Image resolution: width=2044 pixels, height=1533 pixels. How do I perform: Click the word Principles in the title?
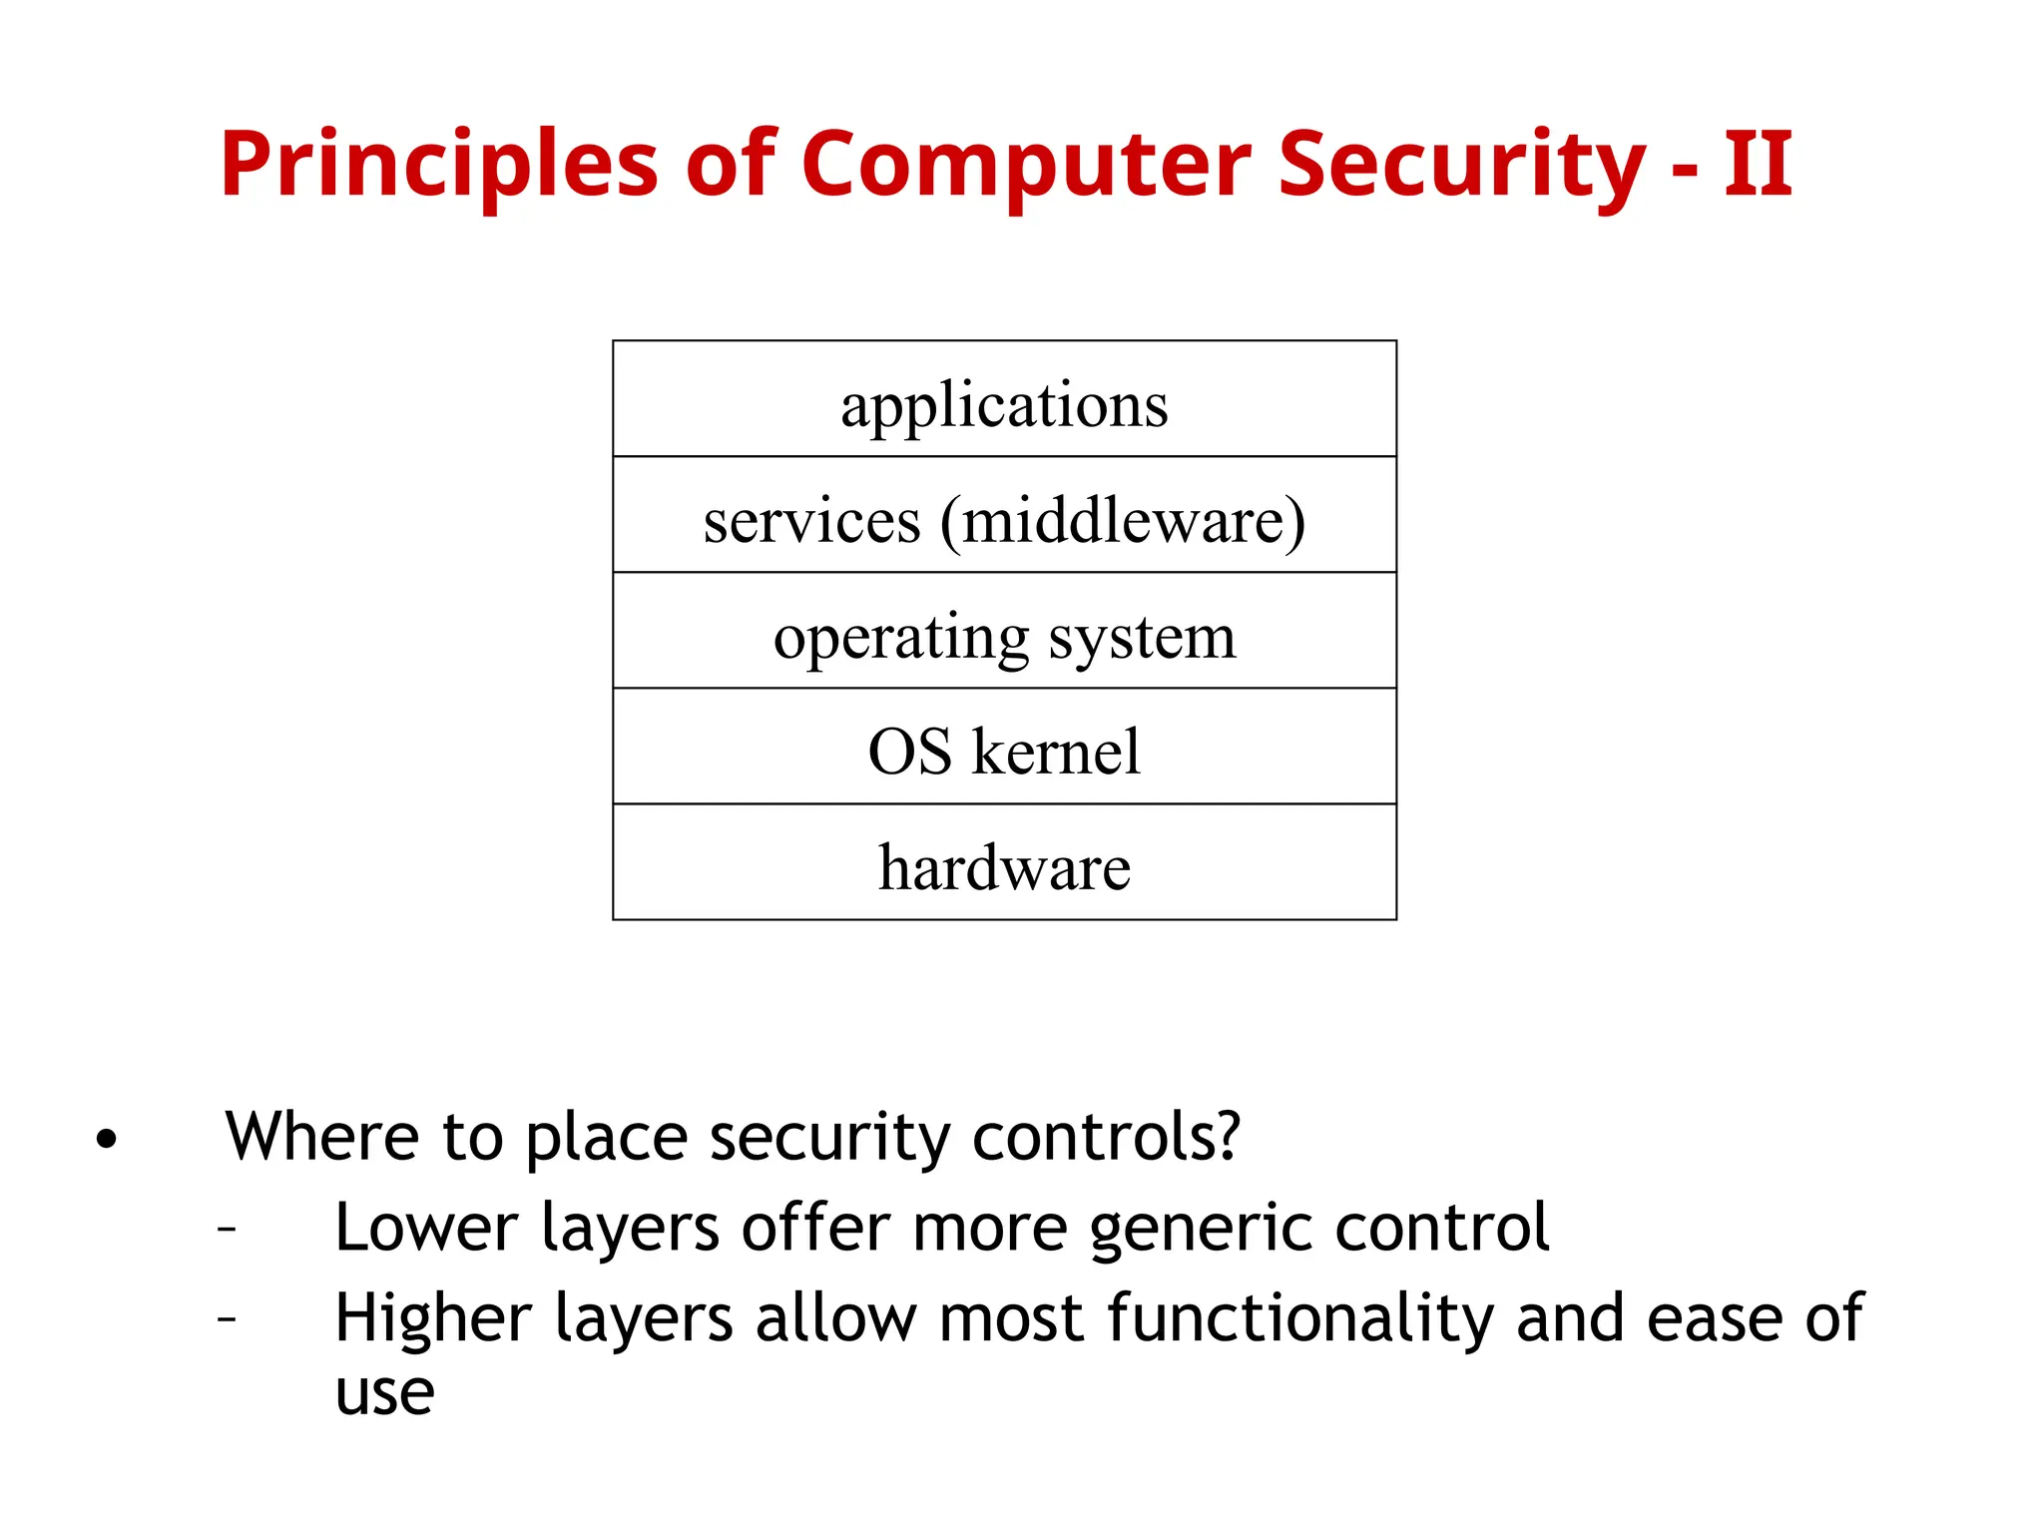tap(438, 165)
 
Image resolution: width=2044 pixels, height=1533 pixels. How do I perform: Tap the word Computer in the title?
tap(1025, 165)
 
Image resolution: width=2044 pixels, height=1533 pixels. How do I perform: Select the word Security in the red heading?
tap(1461, 165)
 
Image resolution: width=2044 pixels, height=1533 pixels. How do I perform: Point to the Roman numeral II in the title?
tap(1758, 165)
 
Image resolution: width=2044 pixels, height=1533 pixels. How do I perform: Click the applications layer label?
tap(1004, 405)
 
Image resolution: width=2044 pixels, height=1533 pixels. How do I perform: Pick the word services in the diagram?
tap(811, 521)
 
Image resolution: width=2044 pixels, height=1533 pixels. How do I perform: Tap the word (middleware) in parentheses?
tap(1122, 521)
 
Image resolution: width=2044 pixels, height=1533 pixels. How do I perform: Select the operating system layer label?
tap(1004, 637)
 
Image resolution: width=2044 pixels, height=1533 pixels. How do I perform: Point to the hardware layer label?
tap(1004, 867)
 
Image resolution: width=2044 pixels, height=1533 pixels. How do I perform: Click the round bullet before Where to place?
tap(107, 1139)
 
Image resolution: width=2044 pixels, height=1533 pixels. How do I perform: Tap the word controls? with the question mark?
tap(1106, 1137)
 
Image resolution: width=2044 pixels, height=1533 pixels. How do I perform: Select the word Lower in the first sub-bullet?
tap(426, 1228)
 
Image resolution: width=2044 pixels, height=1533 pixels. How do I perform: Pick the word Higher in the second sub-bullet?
tap(433, 1318)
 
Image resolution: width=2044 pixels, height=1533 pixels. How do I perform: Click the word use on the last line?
tap(384, 1393)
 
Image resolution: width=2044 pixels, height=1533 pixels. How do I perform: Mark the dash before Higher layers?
tap(228, 1319)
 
